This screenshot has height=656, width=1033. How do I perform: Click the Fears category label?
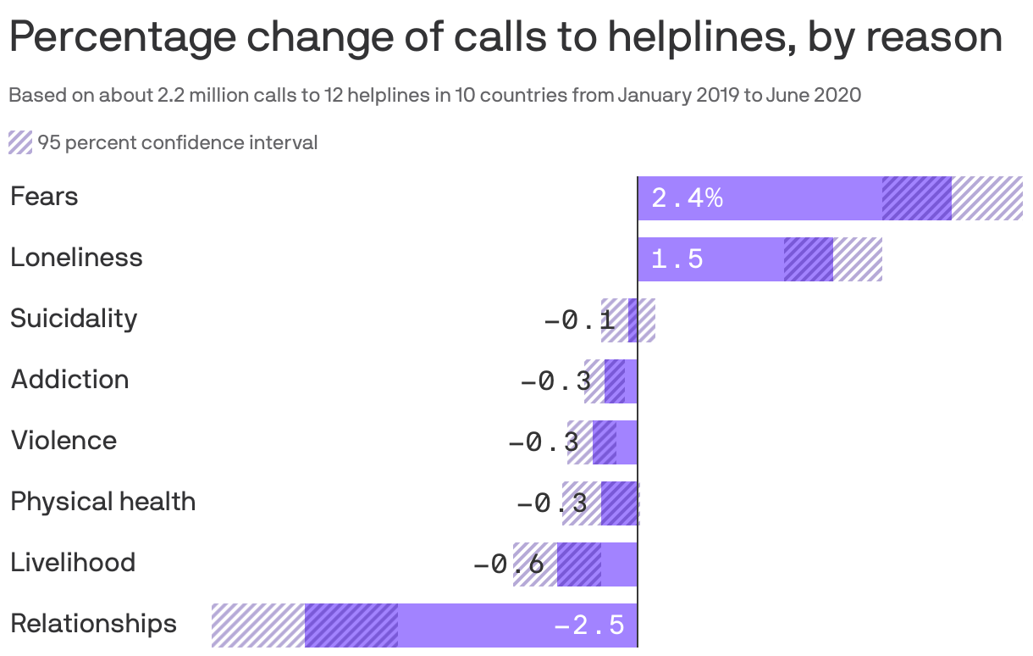44,197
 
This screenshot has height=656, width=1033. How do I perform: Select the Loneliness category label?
76,258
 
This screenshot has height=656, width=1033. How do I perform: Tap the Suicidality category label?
74,319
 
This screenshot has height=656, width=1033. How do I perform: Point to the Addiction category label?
69,380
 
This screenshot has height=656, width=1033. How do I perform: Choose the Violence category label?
64,441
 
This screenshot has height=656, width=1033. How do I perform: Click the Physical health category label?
102,502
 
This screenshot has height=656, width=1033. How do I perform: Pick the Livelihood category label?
73,563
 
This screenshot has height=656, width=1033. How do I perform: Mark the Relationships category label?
93,624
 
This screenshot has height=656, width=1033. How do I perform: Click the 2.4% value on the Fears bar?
687,198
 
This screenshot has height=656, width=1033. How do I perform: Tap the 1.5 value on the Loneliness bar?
677,259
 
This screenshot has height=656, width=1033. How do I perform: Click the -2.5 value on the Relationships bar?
589,625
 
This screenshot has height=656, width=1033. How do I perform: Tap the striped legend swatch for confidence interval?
20,142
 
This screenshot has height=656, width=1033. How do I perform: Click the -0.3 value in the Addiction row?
555,381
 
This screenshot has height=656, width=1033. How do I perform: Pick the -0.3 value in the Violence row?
544,442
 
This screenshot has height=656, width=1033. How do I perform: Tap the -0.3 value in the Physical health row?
552,503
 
